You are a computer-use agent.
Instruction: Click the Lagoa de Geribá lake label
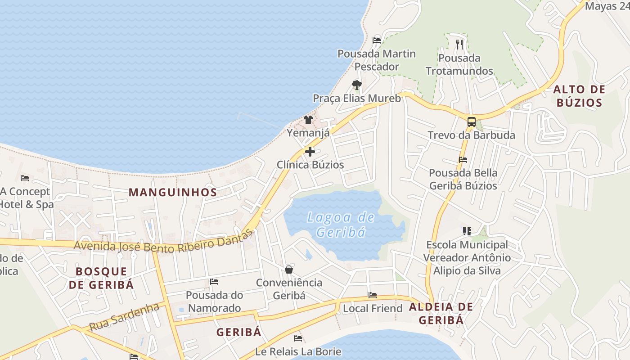(x=341, y=225)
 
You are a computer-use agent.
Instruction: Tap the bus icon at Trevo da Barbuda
(x=471, y=121)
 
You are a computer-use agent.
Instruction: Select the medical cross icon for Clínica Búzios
(x=310, y=152)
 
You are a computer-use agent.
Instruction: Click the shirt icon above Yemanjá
(x=308, y=119)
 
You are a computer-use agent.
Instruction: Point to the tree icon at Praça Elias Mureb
(x=356, y=85)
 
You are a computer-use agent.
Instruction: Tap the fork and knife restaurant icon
(x=459, y=44)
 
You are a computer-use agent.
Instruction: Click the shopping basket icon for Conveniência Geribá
(x=289, y=270)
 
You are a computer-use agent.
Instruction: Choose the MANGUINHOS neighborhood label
(x=173, y=193)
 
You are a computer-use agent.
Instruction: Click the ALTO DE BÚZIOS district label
(x=579, y=96)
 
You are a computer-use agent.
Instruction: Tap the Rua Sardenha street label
(x=124, y=317)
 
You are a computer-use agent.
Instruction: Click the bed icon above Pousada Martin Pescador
(x=377, y=40)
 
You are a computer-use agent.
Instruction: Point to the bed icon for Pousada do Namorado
(x=214, y=282)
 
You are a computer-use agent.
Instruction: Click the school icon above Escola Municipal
(x=467, y=231)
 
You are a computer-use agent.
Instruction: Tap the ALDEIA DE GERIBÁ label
(x=441, y=313)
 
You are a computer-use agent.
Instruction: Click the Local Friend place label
(x=373, y=309)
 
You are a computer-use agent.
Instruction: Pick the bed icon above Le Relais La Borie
(x=297, y=338)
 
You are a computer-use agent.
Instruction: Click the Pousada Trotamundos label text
(x=459, y=64)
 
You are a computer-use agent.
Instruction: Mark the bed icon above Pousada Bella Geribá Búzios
(x=463, y=160)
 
